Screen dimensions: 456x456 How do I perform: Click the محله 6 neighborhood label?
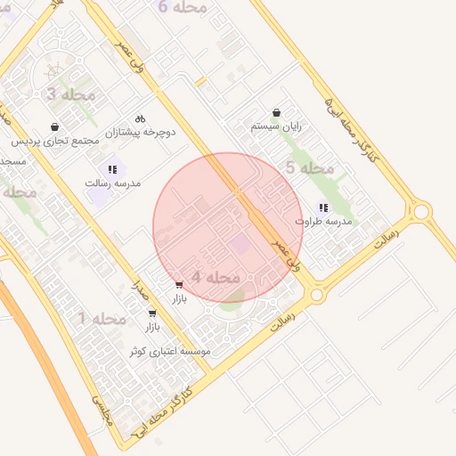click(183, 7)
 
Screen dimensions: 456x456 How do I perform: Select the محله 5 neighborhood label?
click(309, 168)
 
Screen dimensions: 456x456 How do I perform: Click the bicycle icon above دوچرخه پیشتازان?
click(140, 118)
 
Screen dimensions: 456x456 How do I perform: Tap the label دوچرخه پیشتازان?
click(141, 132)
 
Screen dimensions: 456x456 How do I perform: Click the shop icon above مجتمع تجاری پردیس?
click(55, 127)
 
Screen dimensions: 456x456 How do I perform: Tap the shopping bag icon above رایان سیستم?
click(276, 113)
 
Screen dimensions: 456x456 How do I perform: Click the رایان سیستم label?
click(276, 126)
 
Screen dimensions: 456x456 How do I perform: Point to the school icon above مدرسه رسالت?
click(112, 168)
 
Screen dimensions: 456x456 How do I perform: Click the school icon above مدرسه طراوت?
click(323, 207)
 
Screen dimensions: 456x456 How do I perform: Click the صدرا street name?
click(138, 287)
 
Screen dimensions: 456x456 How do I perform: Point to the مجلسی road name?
click(103, 409)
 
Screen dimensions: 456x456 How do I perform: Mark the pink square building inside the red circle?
click(240, 243)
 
